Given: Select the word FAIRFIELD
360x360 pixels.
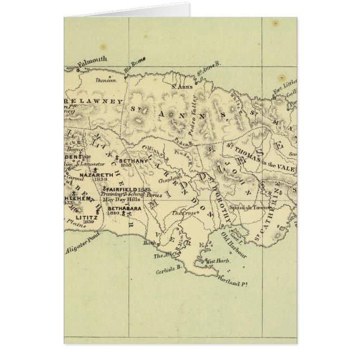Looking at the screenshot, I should point(120,190).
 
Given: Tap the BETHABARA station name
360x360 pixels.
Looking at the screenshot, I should point(124,208).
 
